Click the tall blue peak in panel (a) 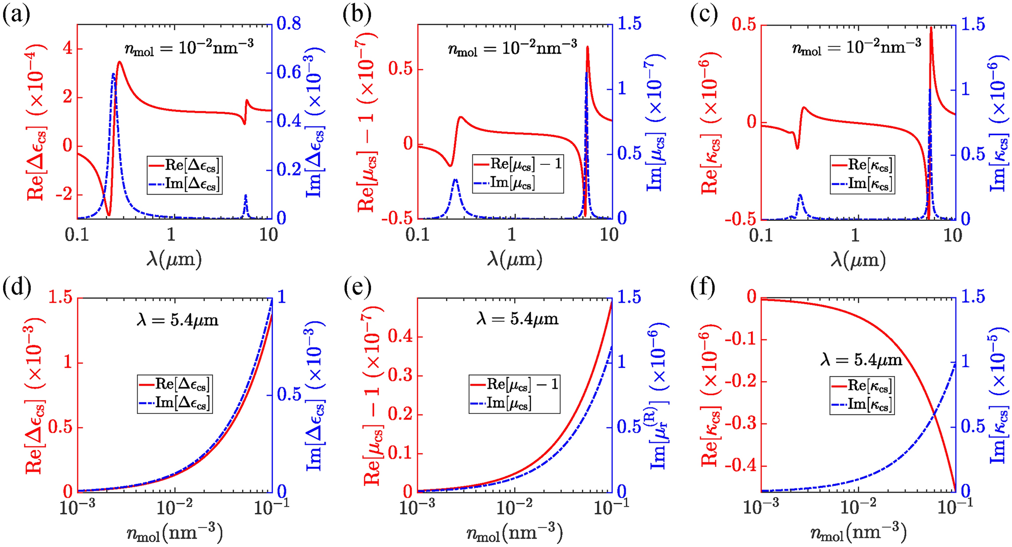click(x=113, y=75)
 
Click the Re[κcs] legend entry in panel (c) click(x=862, y=165)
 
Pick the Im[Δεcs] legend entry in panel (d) click(x=175, y=403)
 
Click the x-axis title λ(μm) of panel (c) click(x=858, y=260)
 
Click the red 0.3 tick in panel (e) click(x=400, y=376)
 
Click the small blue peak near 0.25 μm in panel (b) click(x=455, y=180)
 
